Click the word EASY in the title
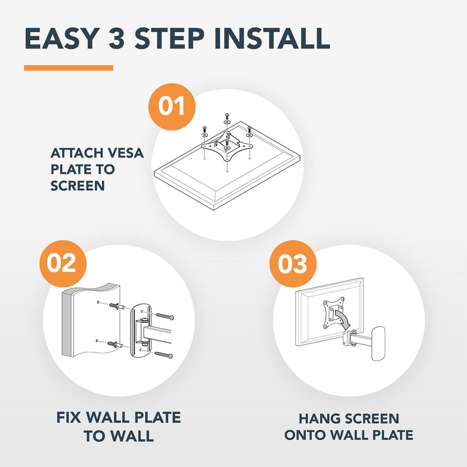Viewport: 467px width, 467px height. point(62,39)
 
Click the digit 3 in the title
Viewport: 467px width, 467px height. point(116,39)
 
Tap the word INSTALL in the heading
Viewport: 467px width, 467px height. point(272,39)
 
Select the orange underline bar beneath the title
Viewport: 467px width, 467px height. point(68,68)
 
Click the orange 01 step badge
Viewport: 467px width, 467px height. point(172,107)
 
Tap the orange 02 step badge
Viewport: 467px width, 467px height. point(63,264)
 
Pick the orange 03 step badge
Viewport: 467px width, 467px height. point(293,264)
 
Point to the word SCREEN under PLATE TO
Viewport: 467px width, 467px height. point(78,186)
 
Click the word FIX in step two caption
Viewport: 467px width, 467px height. point(68,417)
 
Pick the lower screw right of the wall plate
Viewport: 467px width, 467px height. point(163,354)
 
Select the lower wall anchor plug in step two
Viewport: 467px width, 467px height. point(116,345)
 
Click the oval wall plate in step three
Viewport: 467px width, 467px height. point(378,343)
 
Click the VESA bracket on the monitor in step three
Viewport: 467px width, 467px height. point(333,313)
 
